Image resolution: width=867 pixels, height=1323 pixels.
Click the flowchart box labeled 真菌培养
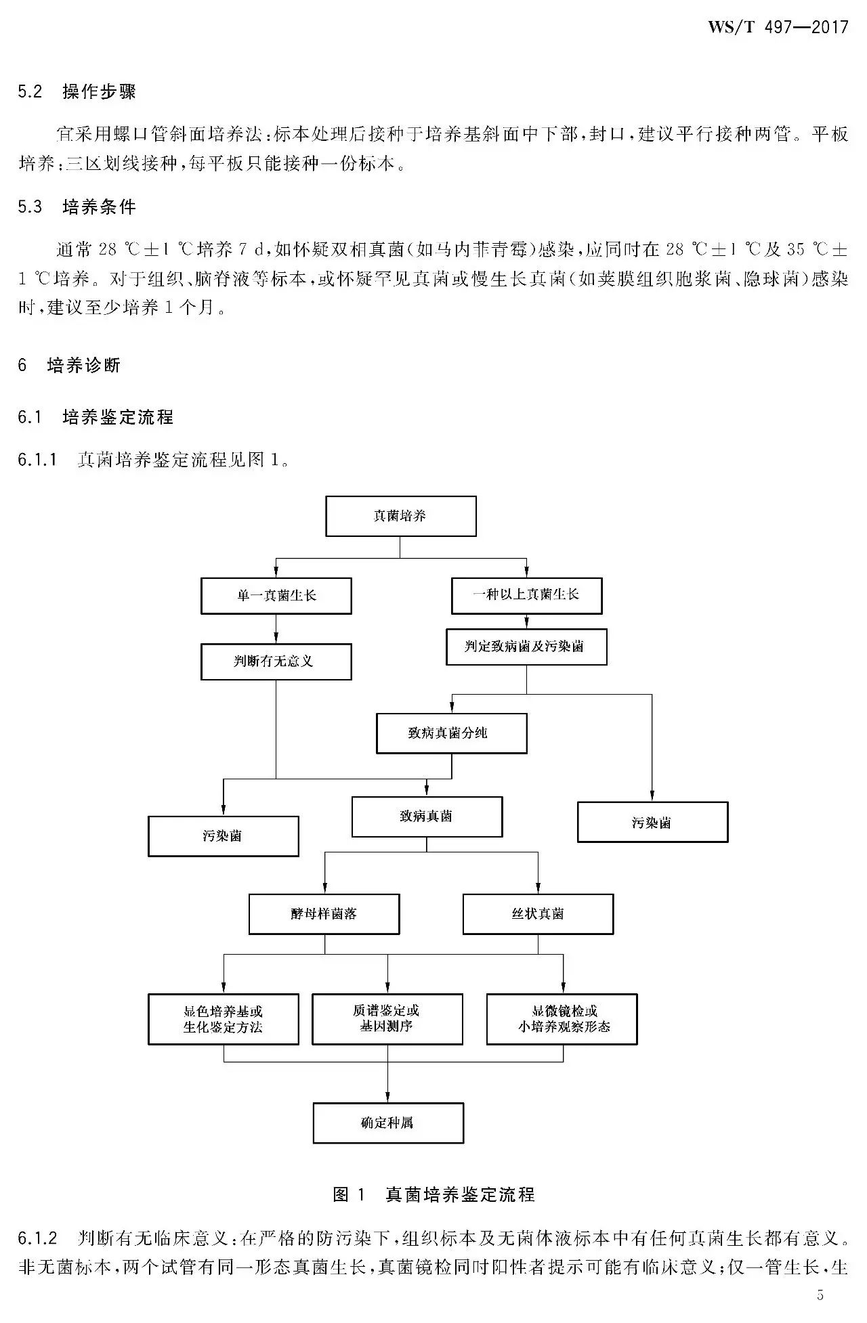400,516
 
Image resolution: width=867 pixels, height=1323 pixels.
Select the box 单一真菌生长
276,596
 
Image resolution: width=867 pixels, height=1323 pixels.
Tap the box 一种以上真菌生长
526,595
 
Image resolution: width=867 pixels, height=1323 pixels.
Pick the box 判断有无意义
276,661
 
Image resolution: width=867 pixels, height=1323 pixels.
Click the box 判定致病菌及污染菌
526,647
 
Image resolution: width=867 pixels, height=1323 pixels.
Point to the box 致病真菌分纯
451,733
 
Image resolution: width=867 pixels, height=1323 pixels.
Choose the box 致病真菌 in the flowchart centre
427,817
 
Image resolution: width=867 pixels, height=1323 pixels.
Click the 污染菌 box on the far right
652,823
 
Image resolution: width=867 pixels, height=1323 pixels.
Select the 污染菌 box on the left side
224,836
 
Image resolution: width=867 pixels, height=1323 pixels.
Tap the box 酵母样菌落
324,914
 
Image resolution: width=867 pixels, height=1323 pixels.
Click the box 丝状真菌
538,914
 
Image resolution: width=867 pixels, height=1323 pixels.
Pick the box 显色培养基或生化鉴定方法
224,1019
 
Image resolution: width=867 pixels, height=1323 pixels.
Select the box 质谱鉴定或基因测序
387,1018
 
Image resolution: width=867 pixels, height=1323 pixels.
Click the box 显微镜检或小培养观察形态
562,1018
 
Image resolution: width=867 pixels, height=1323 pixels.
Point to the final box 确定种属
388,1123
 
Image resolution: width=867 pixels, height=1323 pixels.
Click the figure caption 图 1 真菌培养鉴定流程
433,1194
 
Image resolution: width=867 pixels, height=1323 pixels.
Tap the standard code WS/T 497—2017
778,27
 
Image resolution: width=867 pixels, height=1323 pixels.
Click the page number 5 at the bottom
820,1295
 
